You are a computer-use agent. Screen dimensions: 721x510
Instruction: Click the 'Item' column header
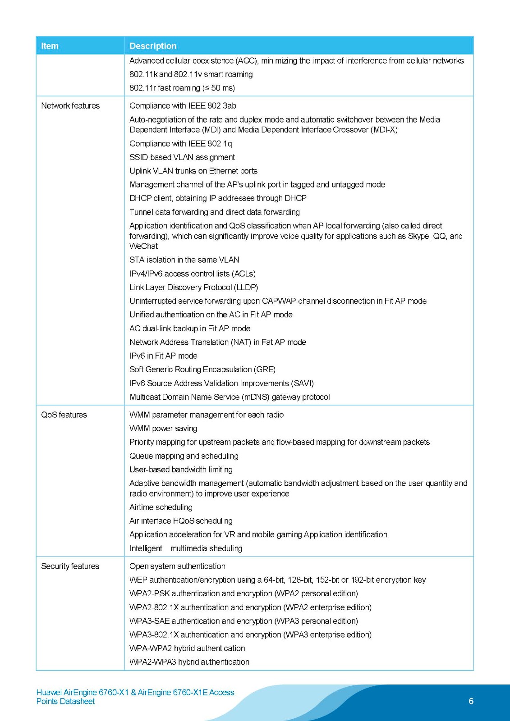coord(50,46)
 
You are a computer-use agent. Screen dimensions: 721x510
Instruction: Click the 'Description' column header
coord(153,46)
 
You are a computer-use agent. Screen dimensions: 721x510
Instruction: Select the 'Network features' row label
coord(70,106)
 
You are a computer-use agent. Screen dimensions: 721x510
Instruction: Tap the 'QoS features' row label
coord(64,415)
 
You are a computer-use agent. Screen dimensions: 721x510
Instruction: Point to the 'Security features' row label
coord(70,566)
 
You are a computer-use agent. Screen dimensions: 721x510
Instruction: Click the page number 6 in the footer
coord(471,701)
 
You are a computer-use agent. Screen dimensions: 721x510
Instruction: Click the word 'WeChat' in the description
coord(144,246)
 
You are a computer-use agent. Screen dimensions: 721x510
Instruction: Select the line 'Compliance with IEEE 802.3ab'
coord(183,106)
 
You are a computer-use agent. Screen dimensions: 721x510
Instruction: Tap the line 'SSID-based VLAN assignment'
coord(182,157)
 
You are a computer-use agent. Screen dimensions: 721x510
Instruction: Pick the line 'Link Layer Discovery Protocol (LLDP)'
coord(194,287)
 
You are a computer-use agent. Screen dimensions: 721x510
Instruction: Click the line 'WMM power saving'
coord(163,429)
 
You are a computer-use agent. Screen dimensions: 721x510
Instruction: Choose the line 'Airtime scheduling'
coord(161,507)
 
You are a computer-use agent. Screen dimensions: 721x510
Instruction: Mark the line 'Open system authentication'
coord(177,566)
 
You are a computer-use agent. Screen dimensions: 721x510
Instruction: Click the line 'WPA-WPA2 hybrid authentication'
coord(187,648)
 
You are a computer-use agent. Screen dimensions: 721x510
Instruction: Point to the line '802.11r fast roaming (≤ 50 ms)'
coord(182,88)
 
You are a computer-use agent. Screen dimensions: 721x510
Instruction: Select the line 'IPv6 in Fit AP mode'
coord(163,356)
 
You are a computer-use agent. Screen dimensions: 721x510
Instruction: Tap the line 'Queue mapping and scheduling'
coord(184,456)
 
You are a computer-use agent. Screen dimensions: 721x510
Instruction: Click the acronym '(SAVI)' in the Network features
coord(303,383)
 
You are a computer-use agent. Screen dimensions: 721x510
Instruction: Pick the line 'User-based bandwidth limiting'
coord(181,470)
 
